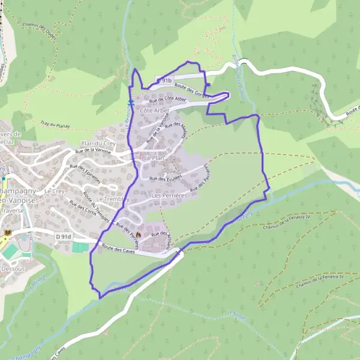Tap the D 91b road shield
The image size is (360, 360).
(x=165, y=80)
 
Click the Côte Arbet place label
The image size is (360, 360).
(x=154, y=111)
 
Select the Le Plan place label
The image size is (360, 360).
(x=153, y=157)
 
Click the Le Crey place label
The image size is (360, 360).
(x=54, y=191)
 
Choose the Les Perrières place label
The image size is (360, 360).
(x=170, y=195)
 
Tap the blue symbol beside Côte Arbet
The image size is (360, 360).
(x=130, y=103)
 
